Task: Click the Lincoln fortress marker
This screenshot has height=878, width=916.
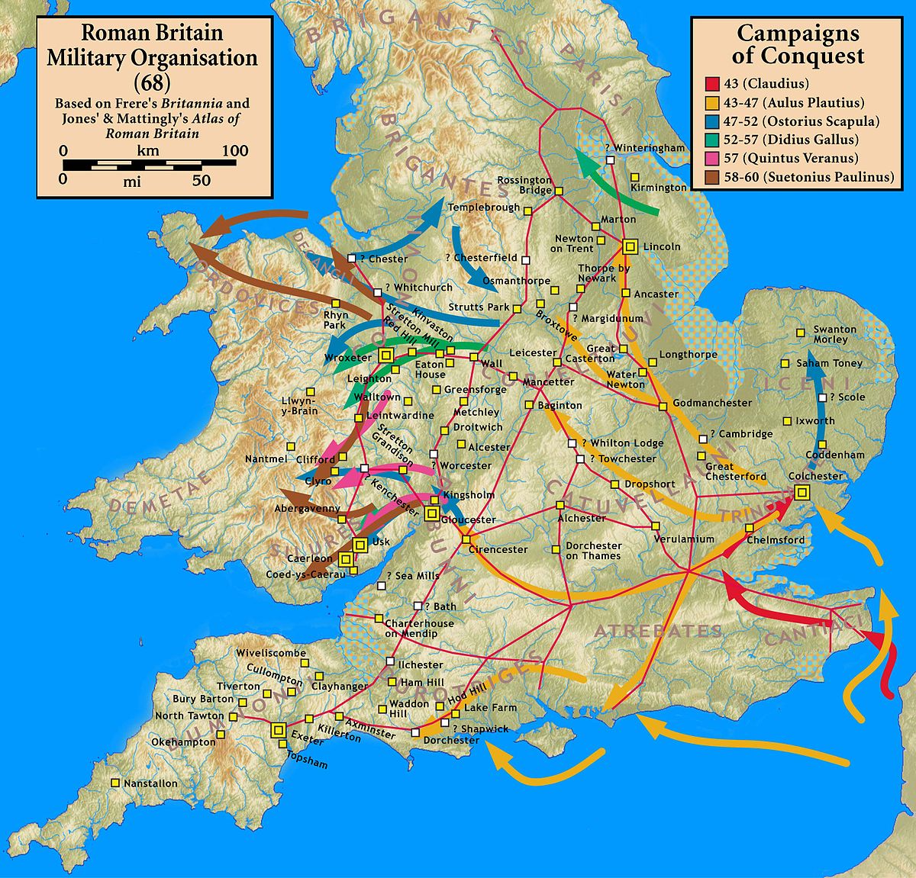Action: click(630, 246)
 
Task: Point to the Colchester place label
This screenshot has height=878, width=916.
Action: click(815, 476)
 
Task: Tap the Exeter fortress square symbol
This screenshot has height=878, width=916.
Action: click(277, 729)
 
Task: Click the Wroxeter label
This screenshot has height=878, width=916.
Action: click(348, 357)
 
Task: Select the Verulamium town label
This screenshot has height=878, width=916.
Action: click(684, 539)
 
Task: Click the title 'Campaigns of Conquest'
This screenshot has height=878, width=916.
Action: click(797, 44)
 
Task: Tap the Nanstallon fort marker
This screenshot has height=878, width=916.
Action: click(115, 783)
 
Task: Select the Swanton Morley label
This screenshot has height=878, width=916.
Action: click(835, 334)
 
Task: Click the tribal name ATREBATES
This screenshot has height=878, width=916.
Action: click(658, 631)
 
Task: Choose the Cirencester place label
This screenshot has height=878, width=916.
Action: click(498, 549)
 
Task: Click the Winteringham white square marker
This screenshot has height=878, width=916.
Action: click(611, 159)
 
